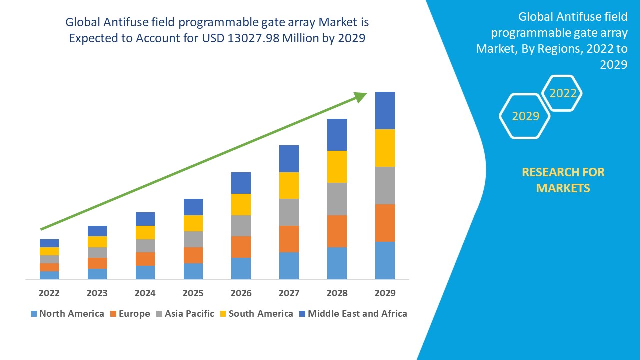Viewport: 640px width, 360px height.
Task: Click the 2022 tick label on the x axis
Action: pos(49,293)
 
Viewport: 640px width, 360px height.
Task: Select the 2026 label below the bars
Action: pos(241,293)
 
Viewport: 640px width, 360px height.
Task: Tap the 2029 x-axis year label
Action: pos(385,293)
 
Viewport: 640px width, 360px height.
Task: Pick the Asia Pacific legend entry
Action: pos(185,314)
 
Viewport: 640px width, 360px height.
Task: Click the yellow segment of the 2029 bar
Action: pos(385,148)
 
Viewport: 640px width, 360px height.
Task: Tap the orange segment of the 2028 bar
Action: pos(337,231)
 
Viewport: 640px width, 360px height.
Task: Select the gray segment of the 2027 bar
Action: pos(289,212)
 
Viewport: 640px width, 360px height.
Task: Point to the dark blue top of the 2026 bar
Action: pos(241,183)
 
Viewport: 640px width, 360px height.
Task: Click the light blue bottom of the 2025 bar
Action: pos(193,271)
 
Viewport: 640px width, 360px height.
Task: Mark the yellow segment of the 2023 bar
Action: pos(97,242)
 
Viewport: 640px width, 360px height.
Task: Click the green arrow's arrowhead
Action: pos(361,97)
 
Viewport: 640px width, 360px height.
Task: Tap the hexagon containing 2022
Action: pos(562,93)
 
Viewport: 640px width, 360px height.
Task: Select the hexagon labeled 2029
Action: pos(525,116)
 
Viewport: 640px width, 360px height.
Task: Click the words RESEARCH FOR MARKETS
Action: pos(563,180)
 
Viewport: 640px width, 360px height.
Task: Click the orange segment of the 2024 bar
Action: pos(145,259)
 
